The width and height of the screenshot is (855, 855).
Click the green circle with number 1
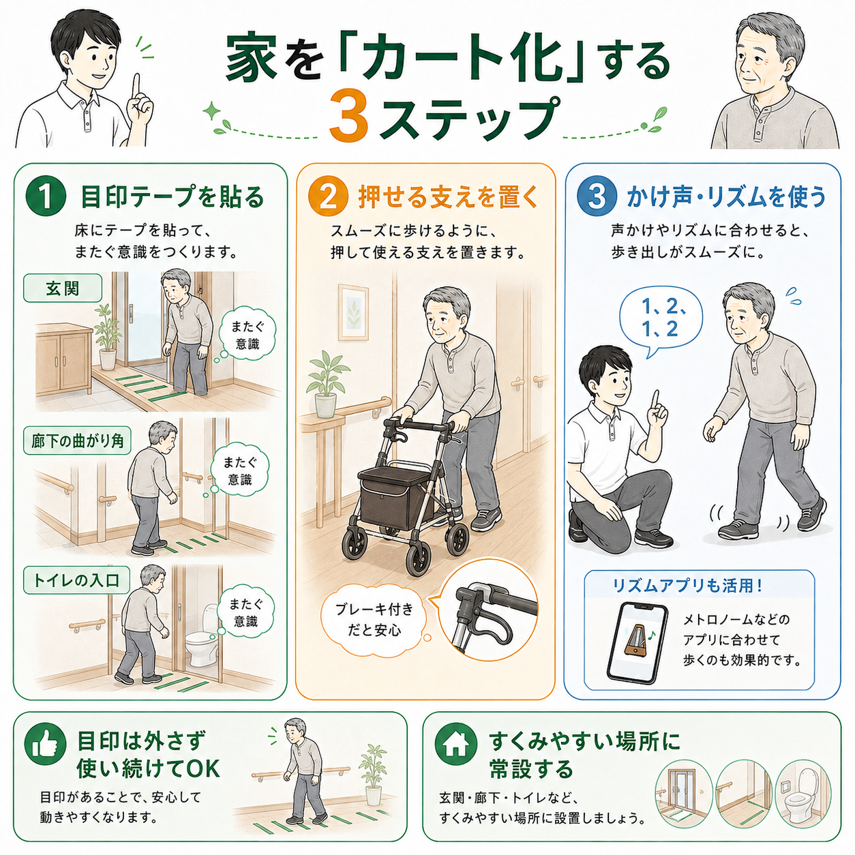point(46,196)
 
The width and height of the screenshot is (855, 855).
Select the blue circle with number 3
point(597,196)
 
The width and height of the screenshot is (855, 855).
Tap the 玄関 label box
point(63,288)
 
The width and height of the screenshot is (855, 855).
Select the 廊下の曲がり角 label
point(77,440)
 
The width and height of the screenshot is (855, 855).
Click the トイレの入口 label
point(76,580)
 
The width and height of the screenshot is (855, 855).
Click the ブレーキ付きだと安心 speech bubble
point(374,619)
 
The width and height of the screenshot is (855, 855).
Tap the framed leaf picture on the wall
point(353,312)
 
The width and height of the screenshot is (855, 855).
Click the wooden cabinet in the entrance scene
point(64,359)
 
